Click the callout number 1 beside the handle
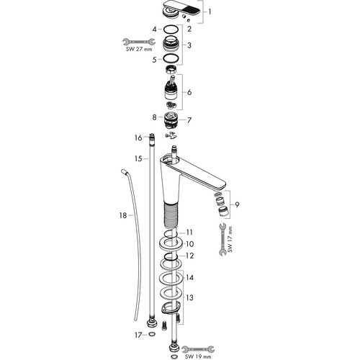pyautogui.click(x=210, y=12)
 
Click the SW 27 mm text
pyautogui.click(x=139, y=49)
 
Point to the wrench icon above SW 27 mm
pyautogui.click(x=139, y=42)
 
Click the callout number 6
pyautogui.click(x=189, y=92)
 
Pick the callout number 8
pyautogui.click(x=154, y=117)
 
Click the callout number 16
pyautogui.click(x=138, y=138)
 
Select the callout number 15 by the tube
pyautogui.click(x=138, y=158)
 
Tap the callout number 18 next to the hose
pyautogui.click(x=123, y=215)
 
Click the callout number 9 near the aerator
pyautogui.click(x=237, y=204)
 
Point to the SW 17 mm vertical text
pyautogui.click(x=230, y=239)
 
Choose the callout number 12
pyautogui.click(x=189, y=256)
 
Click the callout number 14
pyautogui.click(x=189, y=278)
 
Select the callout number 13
pyautogui.click(x=189, y=298)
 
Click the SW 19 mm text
pyautogui.click(x=198, y=356)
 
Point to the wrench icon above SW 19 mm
pyautogui.click(x=198, y=349)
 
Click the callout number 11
pyautogui.click(x=189, y=233)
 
